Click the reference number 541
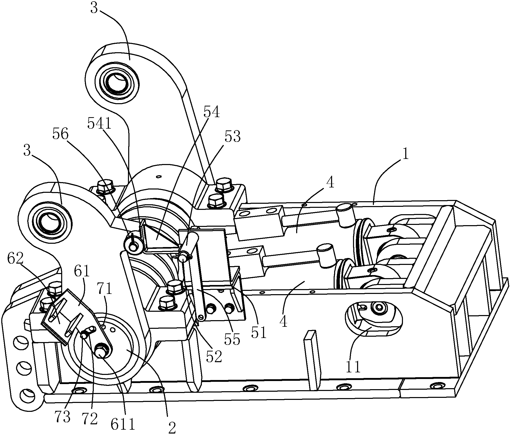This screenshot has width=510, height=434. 99,124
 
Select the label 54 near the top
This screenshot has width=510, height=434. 212,112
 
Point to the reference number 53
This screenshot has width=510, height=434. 232,137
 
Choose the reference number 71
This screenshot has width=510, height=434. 105,289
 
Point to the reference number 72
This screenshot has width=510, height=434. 90,418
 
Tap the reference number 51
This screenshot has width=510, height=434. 259,332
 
